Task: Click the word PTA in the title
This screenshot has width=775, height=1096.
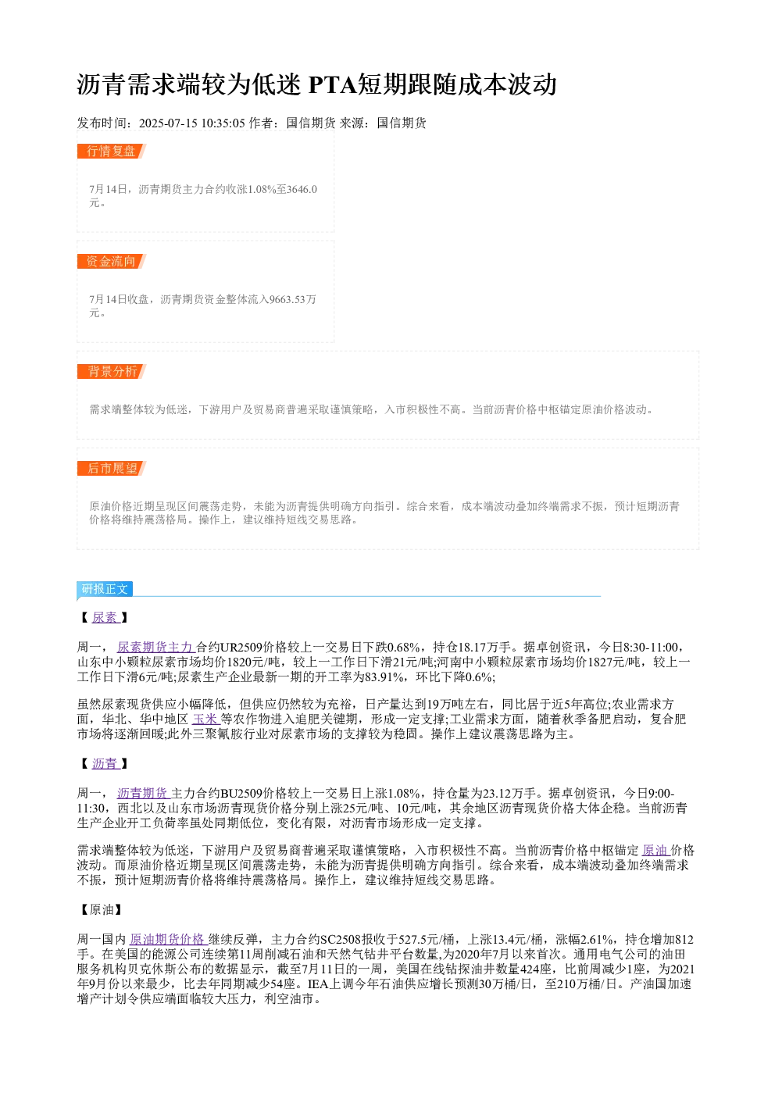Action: [333, 84]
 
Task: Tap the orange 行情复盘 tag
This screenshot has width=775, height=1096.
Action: [112, 152]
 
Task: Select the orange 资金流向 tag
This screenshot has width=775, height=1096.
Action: [112, 261]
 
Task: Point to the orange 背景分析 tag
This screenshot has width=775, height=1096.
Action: [112, 371]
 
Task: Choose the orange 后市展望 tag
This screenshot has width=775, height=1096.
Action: [112, 468]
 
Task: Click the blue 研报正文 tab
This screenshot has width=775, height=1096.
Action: [105, 588]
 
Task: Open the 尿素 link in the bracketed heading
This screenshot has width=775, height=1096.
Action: [105, 617]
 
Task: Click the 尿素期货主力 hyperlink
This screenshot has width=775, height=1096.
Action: [155, 648]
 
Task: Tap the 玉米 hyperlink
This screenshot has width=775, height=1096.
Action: [205, 719]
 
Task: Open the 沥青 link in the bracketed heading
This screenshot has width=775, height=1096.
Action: [105, 763]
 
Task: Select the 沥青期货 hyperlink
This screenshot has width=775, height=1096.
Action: [143, 793]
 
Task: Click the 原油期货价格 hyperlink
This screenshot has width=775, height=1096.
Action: [168, 939]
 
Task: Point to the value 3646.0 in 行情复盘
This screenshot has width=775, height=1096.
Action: [302, 189]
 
